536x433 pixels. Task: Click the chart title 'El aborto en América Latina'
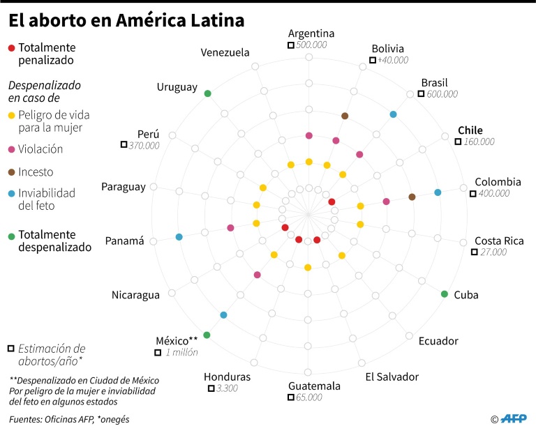(x=126, y=22)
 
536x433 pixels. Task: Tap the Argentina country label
(x=311, y=33)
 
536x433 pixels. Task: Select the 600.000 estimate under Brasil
(x=442, y=94)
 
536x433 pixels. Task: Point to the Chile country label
(x=470, y=130)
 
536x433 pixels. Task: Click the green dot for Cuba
(x=445, y=294)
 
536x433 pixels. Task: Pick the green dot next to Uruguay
(x=207, y=93)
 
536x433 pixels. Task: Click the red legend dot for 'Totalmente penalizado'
(x=10, y=48)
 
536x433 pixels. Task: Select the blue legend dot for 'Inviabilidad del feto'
(x=10, y=193)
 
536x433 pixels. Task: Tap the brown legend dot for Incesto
(x=10, y=172)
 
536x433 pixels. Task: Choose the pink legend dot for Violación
(x=10, y=149)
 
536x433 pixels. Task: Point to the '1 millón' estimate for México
(x=181, y=352)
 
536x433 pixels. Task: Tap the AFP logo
(x=514, y=418)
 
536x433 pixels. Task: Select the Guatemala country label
(x=314, y=386)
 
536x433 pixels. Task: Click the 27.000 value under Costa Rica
(x=493, y=252)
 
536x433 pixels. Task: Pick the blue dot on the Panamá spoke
(x=179, y=237)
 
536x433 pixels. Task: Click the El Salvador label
(x=392, y=377)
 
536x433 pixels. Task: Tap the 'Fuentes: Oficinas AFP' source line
(x=69, y=419)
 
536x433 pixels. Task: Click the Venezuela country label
(x=225, y=52)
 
